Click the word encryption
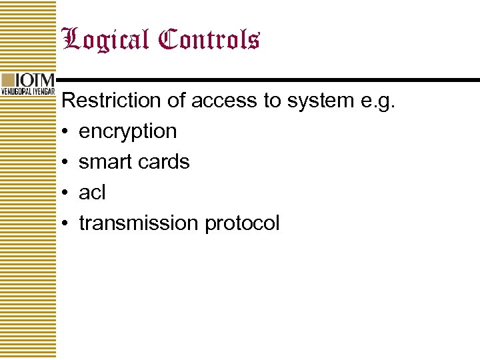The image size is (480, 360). point(127,132)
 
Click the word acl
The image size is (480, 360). point(92,193)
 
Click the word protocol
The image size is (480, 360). point(242,224)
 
